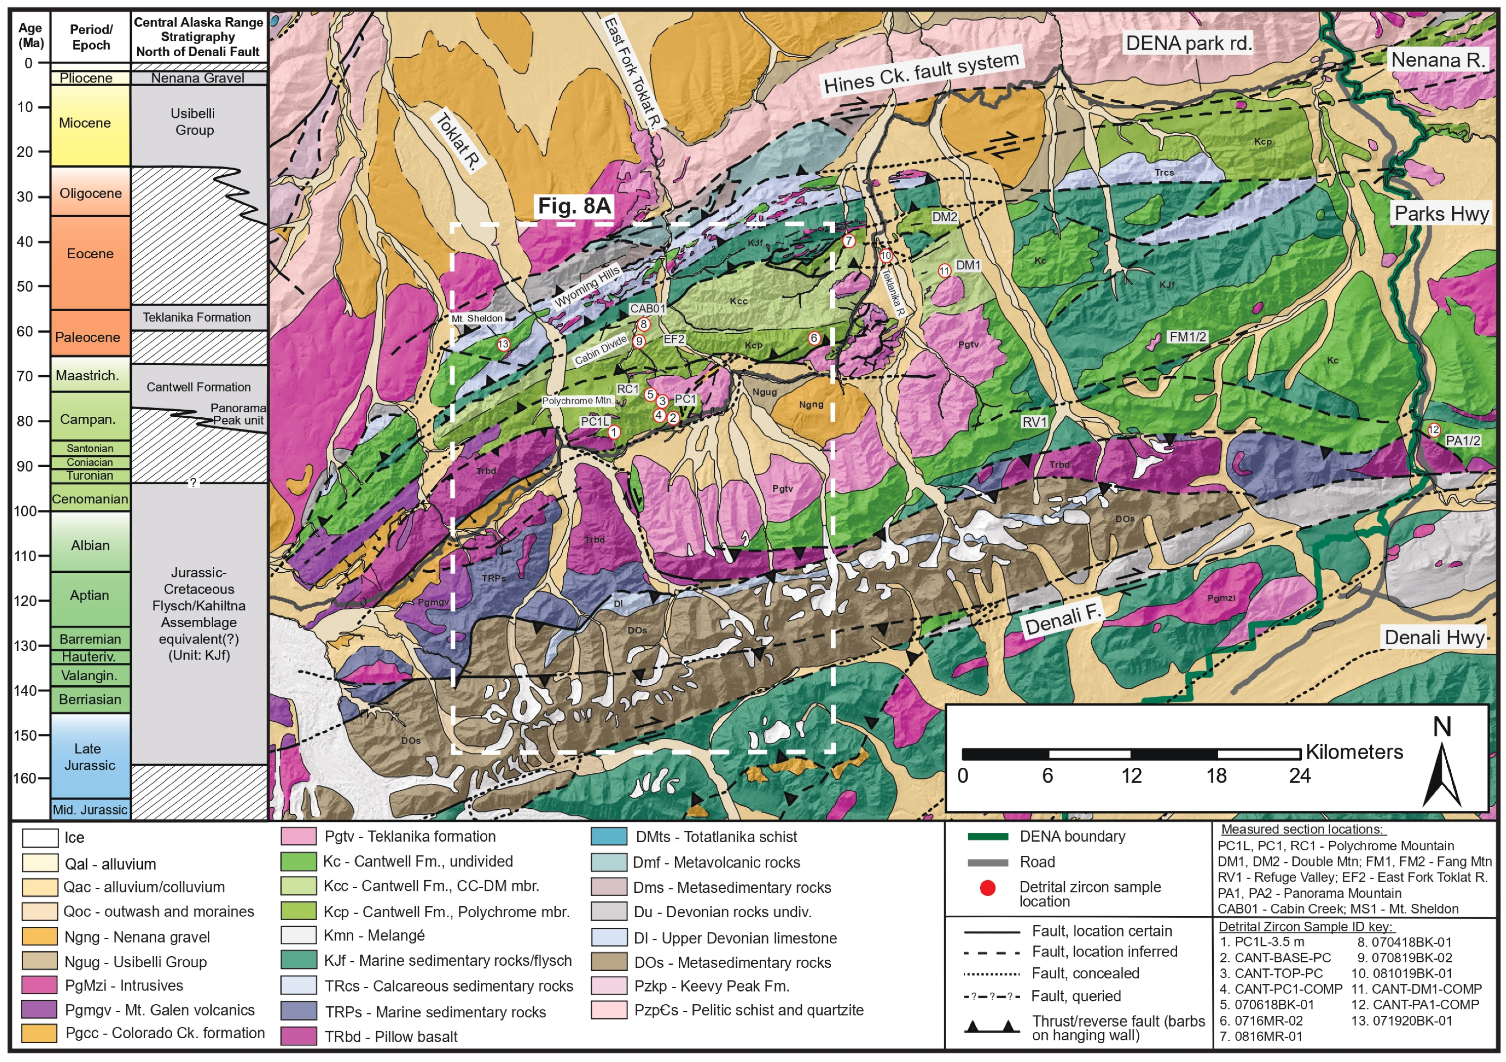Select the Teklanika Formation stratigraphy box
[x=198, y=318]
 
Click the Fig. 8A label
[x=574, y=206]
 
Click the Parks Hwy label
[x=1441, y=214]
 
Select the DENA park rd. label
[x=1188, y=43]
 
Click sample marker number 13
[x=503, y=344]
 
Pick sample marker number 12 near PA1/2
[x=1434, y=429]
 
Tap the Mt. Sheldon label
[x=477, y=319]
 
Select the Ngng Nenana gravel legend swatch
[x=40, y=937]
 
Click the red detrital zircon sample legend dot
[x=987, y=888]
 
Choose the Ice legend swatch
[x=40, y=838]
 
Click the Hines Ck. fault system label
[x=921, y=73]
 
